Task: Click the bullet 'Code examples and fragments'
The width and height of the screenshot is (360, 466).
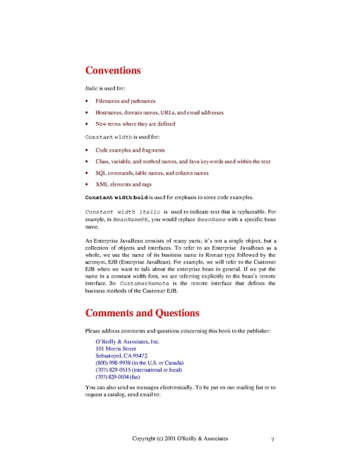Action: point(130,150)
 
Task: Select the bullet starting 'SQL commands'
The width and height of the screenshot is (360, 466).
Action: point(152,173)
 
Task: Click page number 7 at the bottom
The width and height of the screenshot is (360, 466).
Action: point(272,440)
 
